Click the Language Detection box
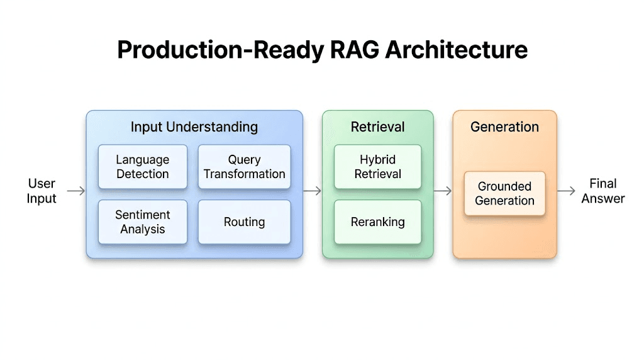143,167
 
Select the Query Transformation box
244,167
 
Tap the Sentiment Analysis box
143,222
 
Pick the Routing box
244,222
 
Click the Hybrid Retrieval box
377,167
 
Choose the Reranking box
377,222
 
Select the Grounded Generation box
504,194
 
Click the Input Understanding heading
194,127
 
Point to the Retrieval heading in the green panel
377,127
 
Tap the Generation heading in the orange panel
504,127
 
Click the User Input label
42,191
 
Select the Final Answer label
602,191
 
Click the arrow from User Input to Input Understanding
76,191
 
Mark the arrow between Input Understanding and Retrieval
312,191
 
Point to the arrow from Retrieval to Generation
443,191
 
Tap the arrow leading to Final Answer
567,191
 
